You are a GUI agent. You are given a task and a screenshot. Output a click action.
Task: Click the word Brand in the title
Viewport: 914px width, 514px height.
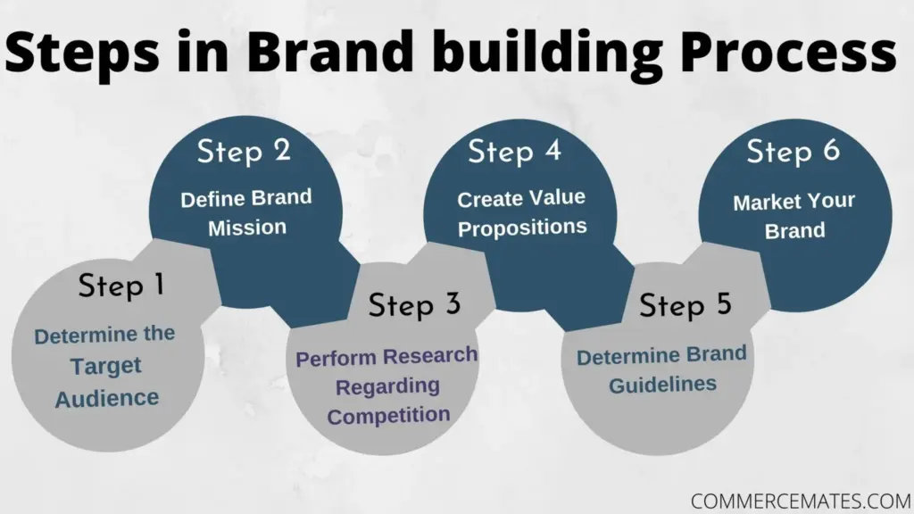pyautogui.click(x=330, y=50)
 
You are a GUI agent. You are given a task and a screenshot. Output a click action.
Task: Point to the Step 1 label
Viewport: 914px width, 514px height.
pyautogui.click(x=121, y=286)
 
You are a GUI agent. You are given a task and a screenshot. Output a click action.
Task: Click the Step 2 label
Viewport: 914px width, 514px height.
pyautogui.click(x=244, y=152)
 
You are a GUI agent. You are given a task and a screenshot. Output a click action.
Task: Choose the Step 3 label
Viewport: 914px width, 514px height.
pyautogui.click(x=414, y=305)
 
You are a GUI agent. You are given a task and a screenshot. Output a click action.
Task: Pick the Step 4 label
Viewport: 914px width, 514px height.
pyautogui.click(x=515, y=152)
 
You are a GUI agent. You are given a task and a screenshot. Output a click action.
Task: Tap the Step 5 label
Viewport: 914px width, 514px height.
pyautogui.click(x=685, y=305)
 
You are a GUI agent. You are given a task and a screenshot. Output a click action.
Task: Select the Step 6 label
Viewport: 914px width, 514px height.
pyautogui.click(x=794, y=152)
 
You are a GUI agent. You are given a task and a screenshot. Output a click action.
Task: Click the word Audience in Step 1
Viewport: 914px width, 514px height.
pyautogui.click(x=107, y=399)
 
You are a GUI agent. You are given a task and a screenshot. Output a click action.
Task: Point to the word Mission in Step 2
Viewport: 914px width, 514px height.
pyautogui.click(x=247, y=228)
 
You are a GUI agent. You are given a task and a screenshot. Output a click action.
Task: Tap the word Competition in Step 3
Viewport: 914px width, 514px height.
pyautogui.click(x=388, y=416)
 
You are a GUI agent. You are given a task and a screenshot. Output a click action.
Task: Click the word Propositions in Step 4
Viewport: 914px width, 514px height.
pyautogui.click(x=522, y=228)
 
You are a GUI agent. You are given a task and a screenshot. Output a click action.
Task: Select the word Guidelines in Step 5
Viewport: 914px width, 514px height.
pyautogui.click(x=663, y=385)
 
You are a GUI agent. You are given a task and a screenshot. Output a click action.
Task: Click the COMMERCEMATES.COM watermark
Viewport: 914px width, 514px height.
pyautogui.click(x=801, y=502)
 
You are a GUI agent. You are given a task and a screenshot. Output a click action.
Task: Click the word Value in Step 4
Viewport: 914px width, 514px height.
pyautogui.click(x=558, y=197)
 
